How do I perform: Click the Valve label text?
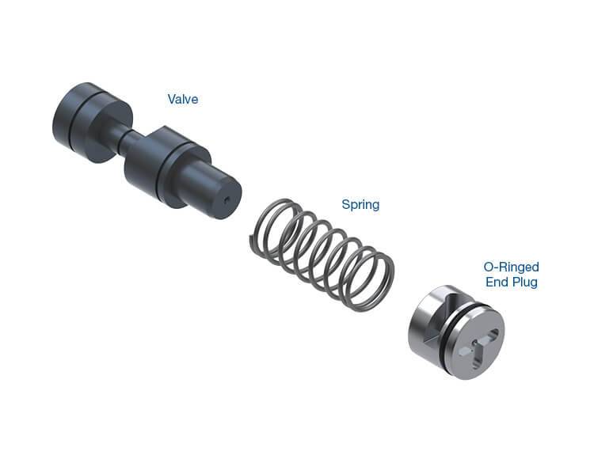(183, 99)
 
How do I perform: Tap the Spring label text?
(360, 204)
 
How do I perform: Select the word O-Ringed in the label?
(511, 267)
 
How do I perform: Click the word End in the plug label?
(495, 282)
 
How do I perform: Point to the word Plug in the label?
(524, 283)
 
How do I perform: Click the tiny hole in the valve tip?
(227, 200)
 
